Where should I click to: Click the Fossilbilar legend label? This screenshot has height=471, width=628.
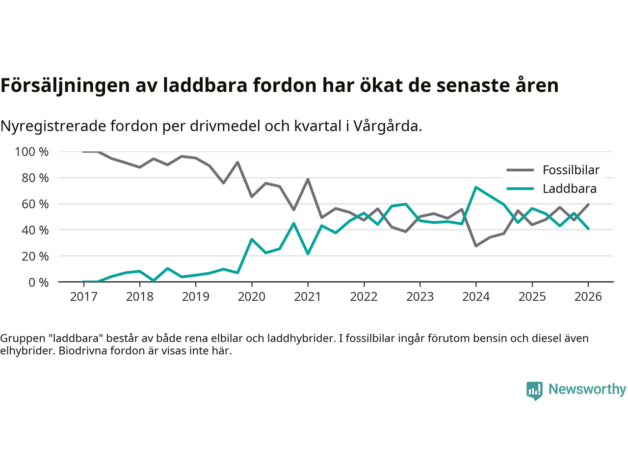pyautogui.click(x=571, y=170)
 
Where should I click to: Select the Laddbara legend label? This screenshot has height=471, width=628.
pyautogui.click(x=569, y=189)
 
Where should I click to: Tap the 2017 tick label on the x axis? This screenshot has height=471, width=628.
pyautogui.click(x=83, y=297)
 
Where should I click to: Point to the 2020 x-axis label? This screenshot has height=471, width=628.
pyautogui.click(x=252, y=297)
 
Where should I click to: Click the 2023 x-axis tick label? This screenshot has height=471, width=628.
pyautogui.click(x=420, y=297)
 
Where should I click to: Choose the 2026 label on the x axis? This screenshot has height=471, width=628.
pyautogui.click(x=588, y=297)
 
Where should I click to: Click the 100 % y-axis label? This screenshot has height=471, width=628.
pyautogui.click(x=32, y=152)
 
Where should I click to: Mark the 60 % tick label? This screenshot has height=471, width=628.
pyautogui.click(x=35, y=204)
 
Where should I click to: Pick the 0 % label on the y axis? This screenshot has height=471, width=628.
pyautogui.click(x=38, y=282)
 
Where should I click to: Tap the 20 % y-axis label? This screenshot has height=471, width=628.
pyautogui.click(x=35, y=256)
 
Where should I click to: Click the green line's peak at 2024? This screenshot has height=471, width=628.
pyautogui.click(x=476, y=187)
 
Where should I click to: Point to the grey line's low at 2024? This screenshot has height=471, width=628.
pyautogui.click(x=476, y=246)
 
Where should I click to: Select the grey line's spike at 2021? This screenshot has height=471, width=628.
pyautogui.click(x=308, y=179)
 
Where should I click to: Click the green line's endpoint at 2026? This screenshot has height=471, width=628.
pyautogui.click(x=588, y=229)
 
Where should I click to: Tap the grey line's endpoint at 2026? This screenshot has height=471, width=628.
pyautogui.click(x=588, y=204)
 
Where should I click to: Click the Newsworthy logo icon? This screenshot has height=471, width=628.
pyautogui.click(x=534, y=391)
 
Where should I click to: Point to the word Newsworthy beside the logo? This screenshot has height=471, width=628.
pyautogui.click(x=587, y=389)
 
